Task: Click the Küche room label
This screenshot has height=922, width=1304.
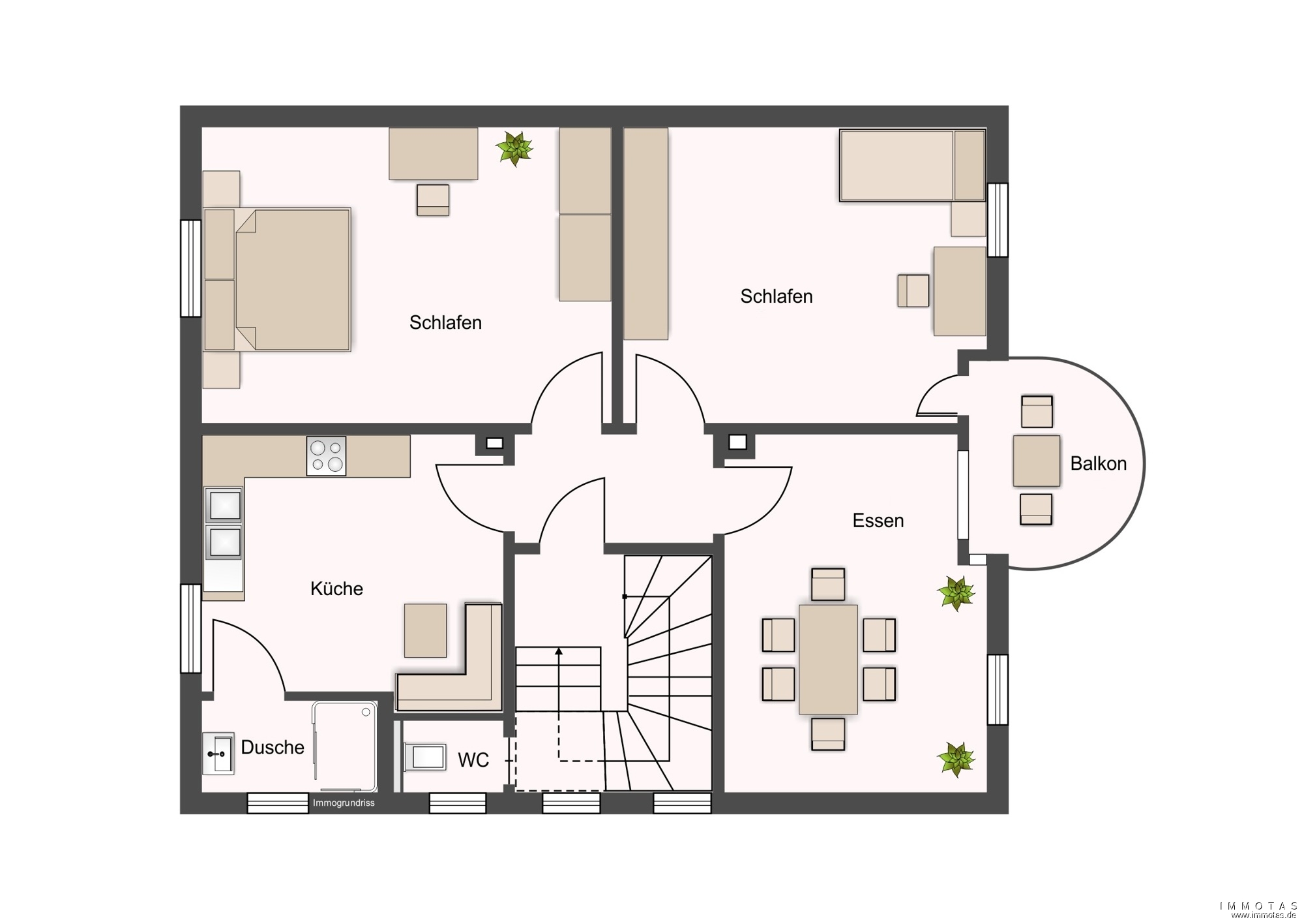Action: click(336, 589)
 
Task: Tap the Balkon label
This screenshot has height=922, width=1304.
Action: click(1099, 463)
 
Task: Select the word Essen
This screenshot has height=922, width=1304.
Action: click(878, 521)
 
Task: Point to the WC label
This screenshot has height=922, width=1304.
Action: click(473, 760)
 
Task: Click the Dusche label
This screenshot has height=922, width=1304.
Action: click(273, 747)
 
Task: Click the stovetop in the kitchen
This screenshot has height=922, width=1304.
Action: click(326, 456)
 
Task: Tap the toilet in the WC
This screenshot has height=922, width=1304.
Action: click(424, 757)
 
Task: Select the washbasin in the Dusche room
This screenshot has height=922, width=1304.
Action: click(218, 754)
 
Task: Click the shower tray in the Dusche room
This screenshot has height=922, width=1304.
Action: click(345, 740)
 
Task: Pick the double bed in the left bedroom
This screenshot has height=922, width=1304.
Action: click(277, 280)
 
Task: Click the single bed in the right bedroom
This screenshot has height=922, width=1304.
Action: click(912, 166)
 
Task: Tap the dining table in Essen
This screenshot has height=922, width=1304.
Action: click(828, 659)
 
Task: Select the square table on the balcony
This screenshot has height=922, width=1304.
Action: click(1036, 461)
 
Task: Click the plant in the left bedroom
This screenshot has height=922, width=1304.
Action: click(514, 149)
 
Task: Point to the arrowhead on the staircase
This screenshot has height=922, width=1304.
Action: click(559, 651)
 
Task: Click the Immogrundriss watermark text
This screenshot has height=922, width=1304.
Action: click(344, 803)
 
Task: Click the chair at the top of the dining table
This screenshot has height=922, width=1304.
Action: click(828, 584)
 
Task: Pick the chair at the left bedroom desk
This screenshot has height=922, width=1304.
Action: click(433, 200)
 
